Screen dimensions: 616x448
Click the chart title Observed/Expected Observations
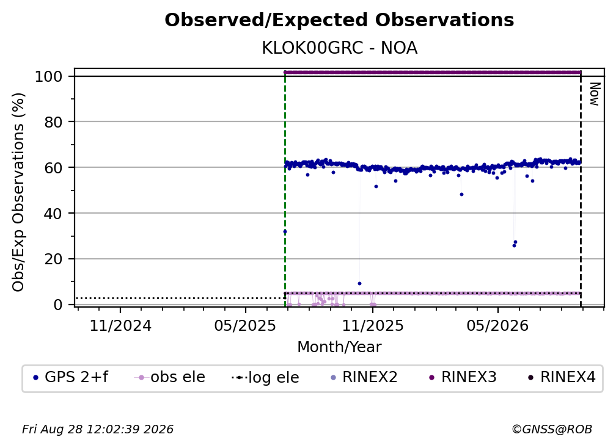pyautogui.click(x=339, y=20)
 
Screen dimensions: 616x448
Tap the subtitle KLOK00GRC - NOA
pyautogui.click(x=339, y=48)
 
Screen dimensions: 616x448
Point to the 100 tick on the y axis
pyautogui.click(x=49, y=76)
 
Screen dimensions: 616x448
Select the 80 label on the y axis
pyautogui.click(x=53, y=122)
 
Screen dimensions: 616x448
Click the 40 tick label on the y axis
pyautogui.click(x=53, y=214)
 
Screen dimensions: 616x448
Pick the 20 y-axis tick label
pyautogui.click(x=53, y=259)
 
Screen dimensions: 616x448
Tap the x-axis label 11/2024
pyautogui.click(x=120, y=325)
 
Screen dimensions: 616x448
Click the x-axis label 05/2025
pyautogui.click(x=245, y=325)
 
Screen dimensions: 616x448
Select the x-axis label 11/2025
pyautogui.click(x=373, y=325)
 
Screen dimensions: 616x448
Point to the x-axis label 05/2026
pyautogui.click(x=497, y=325)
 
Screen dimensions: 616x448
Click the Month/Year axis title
pyautogui.click(x=339, y=347)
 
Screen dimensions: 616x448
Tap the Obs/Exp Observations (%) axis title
pyautogui.click(x=18, y=192)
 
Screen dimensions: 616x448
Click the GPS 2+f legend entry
pyautogui.click(x=71, y=377)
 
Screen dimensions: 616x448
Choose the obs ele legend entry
pyautogui.click(x=170, y=377)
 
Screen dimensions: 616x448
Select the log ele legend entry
pyautogui.click(x=266, y=378)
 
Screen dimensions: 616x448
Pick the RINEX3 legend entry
pyautogui.click(x=463, y=377)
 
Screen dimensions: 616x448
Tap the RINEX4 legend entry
pyautogui.click(x=562, y=377)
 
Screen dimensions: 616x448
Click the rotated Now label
pyautogui.click(x=595, y=94)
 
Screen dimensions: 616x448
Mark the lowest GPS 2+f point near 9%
pyautogui.click(x=359, y=283)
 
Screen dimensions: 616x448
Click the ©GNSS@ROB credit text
pyautogui.click(x=552, y=429)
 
